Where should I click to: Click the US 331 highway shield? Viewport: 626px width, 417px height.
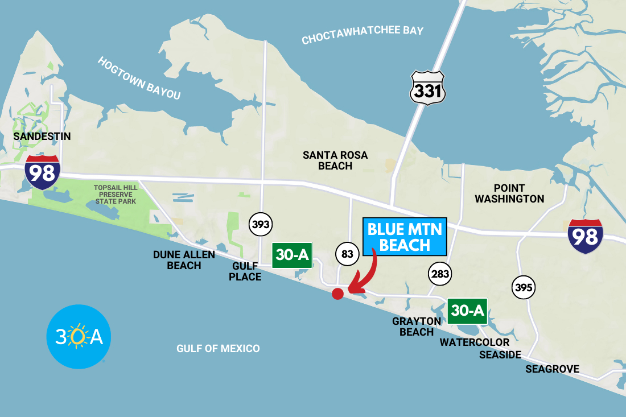point(427,88)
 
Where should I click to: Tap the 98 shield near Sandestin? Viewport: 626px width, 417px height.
point(42,172)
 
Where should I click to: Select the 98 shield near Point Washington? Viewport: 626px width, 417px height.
point(585,236)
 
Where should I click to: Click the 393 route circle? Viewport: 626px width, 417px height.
point(261,225)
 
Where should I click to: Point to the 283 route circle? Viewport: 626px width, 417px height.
point(440,274)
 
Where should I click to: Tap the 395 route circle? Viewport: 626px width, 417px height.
point(523,287)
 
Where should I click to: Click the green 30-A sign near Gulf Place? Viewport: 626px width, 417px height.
point(292,255)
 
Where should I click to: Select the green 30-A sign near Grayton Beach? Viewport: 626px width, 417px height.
point(467,311)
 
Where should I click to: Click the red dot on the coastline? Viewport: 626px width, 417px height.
point(337,294)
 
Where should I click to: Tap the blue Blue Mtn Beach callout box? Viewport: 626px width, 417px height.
point(405,237)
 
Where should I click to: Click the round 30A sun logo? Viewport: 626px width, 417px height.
point(79,337)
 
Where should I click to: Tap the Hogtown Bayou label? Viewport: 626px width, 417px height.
point(139,79)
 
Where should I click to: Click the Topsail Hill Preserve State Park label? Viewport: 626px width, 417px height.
point(116,194)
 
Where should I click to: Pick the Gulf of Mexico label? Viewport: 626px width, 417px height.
point(218,349)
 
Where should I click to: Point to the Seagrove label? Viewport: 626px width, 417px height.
point(552,369)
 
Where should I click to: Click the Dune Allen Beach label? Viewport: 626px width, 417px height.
point(184,260)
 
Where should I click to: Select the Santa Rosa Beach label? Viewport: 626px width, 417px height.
point(335,160)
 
